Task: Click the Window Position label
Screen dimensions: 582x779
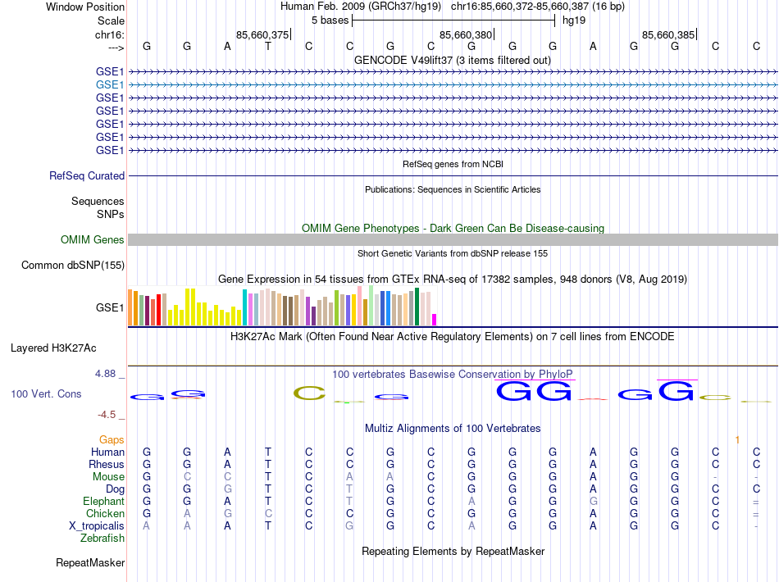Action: pyautogui.click(x=85, y=7)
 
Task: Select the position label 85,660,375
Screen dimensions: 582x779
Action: pyautogui.click(x=262, y=34)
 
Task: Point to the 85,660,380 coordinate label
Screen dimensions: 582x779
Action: pyautogui.click(x=466, y=34)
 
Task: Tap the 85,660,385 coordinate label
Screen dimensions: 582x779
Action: pyautogui.click(x=668, y=34)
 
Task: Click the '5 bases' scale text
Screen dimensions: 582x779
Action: pyautogui.click(x=330, y=20)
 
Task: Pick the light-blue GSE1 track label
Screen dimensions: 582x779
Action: pyautogui.click(x=110, y=84)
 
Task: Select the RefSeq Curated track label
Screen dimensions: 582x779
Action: pyautogui.click(x=87, y=175)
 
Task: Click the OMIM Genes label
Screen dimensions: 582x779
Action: pyautogui.click(x=93, y=240)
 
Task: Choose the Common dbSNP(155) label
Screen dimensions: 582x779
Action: pyautogui.click(x=73, y=266)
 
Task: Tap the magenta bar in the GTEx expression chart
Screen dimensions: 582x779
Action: pyautogui.click(x=435, y=320)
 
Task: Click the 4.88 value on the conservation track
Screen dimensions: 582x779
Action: pyautogui.click(x=106, y=374)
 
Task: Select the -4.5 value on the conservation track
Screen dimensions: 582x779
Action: pyautogui.click(x=107, y=415)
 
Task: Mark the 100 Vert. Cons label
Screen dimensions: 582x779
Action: pyautogui.click(x=46, y=394)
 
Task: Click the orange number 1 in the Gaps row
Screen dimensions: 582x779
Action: pyautogui.click(x=737, y=440)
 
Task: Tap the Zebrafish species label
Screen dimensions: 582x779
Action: pyautogui.click(x=102, y=539)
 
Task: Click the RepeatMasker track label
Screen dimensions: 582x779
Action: pyautogui.click(x=90, y=563)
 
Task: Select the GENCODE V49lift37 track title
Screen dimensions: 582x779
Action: pyautogui.click(x=452, y=61)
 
